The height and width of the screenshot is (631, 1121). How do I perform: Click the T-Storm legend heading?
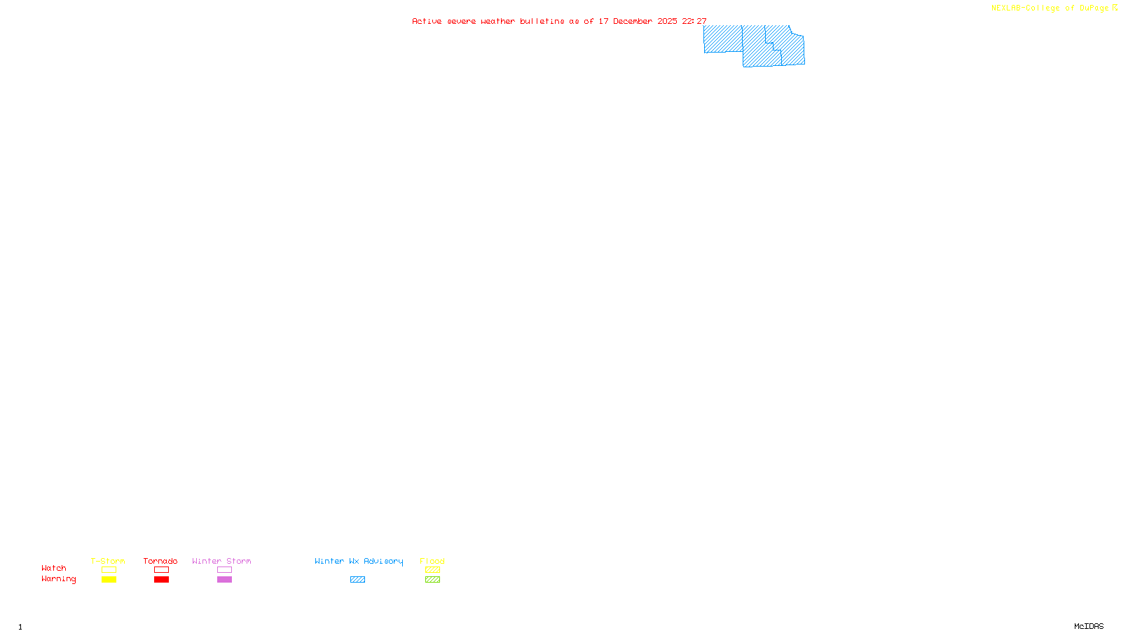point(108,561)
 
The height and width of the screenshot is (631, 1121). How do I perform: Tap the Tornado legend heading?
point(160,561)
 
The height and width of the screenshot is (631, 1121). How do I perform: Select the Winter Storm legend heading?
point(221,561)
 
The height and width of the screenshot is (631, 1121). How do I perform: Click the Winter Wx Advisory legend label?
point(359,561)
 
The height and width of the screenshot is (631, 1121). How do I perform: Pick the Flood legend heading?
point(432,561)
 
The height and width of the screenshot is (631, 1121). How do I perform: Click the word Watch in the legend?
point(54,568)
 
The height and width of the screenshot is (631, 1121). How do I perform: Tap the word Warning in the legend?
point(59,579)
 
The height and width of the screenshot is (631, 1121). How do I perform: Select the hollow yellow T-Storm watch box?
point(109,570)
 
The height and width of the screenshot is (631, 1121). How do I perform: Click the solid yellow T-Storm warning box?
point(109,580)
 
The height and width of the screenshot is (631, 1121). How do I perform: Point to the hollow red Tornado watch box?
point(162,570)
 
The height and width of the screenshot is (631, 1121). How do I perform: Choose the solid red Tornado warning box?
point(162,580)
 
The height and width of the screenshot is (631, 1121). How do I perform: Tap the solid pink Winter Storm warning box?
point(224,580)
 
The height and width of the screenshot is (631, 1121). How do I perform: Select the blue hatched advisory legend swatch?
point(357,580)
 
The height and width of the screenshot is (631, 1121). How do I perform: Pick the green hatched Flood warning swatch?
point(432,580)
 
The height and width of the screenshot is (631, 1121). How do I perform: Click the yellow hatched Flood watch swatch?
point(432,570)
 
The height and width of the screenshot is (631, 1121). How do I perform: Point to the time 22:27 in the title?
point(694,21)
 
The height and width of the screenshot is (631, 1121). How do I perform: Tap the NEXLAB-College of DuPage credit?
point(1050,8)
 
